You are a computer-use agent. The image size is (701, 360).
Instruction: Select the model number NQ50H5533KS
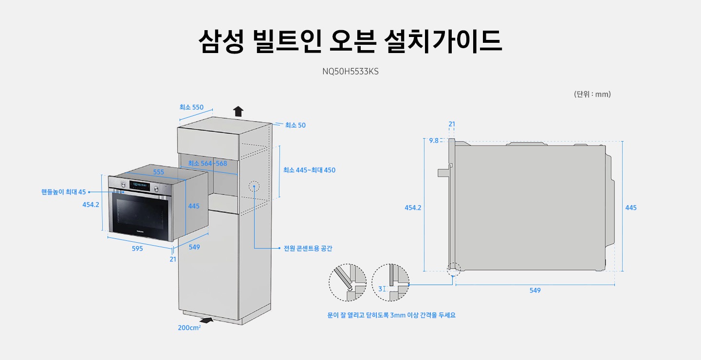tap(350, 72)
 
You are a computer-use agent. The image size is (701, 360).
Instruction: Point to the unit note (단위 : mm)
tap(592, 94)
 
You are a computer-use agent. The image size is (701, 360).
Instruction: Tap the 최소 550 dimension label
tap(191, 107)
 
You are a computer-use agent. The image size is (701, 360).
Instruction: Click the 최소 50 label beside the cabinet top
tap(295, 125)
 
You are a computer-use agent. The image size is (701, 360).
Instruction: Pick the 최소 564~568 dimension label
tap(207, 163)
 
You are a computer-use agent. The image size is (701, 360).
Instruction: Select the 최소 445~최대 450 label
tap(309, 170)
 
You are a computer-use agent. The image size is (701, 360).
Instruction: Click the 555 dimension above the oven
tap(158, 172)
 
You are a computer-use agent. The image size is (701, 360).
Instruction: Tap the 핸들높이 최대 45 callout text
tap(63, 192)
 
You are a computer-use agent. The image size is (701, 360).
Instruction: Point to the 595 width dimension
tap(137, 249)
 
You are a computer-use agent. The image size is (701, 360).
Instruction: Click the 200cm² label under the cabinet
tap(189, 328)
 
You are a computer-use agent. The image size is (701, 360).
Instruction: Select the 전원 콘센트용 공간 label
tap(308, 249)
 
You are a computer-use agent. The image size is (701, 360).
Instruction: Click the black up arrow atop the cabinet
tap(238, 111)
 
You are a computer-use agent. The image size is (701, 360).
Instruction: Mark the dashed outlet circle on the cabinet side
tap(254, 186)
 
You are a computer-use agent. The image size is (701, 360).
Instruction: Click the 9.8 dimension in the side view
tap(433, 141)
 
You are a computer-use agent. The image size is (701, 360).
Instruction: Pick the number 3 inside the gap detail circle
tap(380, 289)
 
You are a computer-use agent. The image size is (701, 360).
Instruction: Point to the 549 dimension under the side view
tap(535, 290)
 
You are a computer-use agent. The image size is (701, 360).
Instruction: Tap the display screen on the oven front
tap(139, 185)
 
